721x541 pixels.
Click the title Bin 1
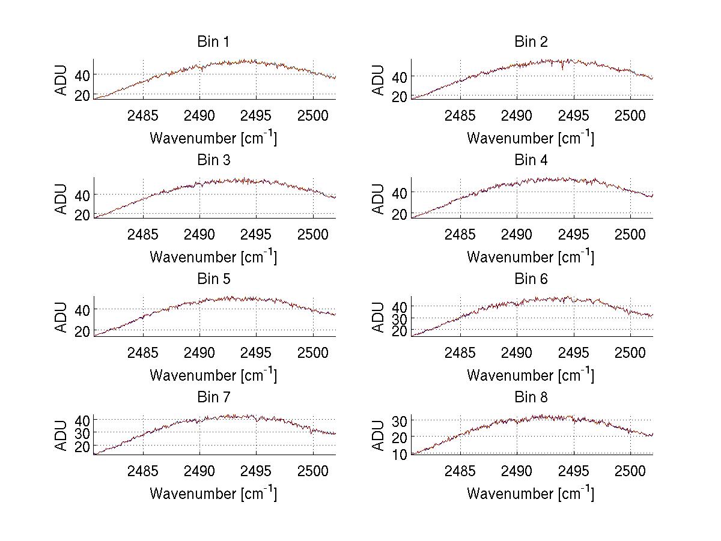pos(213,42)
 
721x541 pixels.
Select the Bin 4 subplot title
pos(531,160)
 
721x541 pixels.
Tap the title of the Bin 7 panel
pos(213,397)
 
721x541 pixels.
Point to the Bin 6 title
pos(531,279)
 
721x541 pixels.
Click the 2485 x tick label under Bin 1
pos(143,115)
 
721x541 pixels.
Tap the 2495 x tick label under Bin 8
pos(574,471)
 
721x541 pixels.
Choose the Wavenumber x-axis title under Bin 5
pos(213,375)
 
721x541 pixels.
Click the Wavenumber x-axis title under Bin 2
pos(531,138)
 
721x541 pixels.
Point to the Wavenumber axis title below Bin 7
pos(213,494)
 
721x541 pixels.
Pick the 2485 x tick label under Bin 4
pos(460,234)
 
